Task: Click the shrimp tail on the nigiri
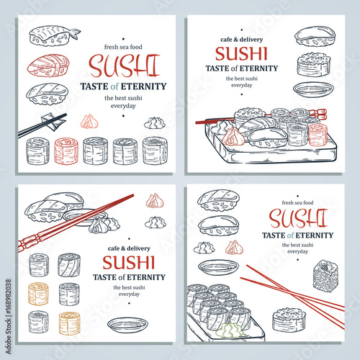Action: coord(75,33)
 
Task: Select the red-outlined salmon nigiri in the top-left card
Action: coord(48,66)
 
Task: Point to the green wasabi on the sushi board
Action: coord(229,330)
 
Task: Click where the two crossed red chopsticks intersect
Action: coord(289,292)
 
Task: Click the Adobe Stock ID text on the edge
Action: coord(9,316)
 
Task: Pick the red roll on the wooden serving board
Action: coord(318,135)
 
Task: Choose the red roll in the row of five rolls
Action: coord(66,150)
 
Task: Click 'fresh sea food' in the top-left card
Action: coord(123,47)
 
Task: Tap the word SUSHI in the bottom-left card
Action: coord(129,263)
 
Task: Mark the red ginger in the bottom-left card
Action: coord(155,201)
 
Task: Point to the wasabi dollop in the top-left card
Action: coord(154,123)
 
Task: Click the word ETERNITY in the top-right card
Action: coord(258,68)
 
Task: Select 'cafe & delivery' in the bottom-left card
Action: coord(129,248)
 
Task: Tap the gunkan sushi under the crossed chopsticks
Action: coord(289,320)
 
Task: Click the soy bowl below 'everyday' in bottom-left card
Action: coord(127,325)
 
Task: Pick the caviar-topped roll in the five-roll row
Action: coord(155,150)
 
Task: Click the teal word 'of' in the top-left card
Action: coord(114,86)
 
